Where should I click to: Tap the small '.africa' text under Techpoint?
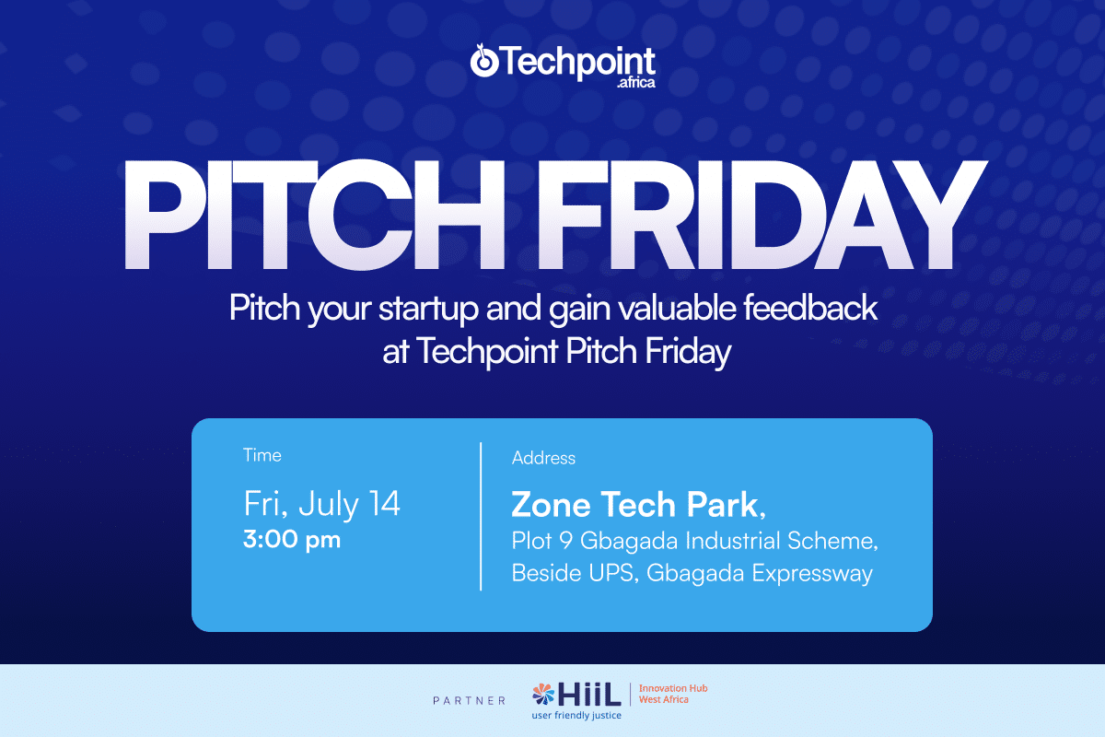tap(636, 84)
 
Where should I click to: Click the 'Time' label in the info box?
tap(262, 455)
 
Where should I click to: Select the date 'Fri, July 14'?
tap(322, 504)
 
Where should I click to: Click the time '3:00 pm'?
tap(292, 540)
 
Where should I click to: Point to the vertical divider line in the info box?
tap(481, 516)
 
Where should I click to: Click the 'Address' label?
tap(543, 458)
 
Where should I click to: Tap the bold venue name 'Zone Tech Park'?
tap(635, 504)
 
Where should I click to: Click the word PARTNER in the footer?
tap(469, 701)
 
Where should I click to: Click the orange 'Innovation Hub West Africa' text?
tap(673, 694)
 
